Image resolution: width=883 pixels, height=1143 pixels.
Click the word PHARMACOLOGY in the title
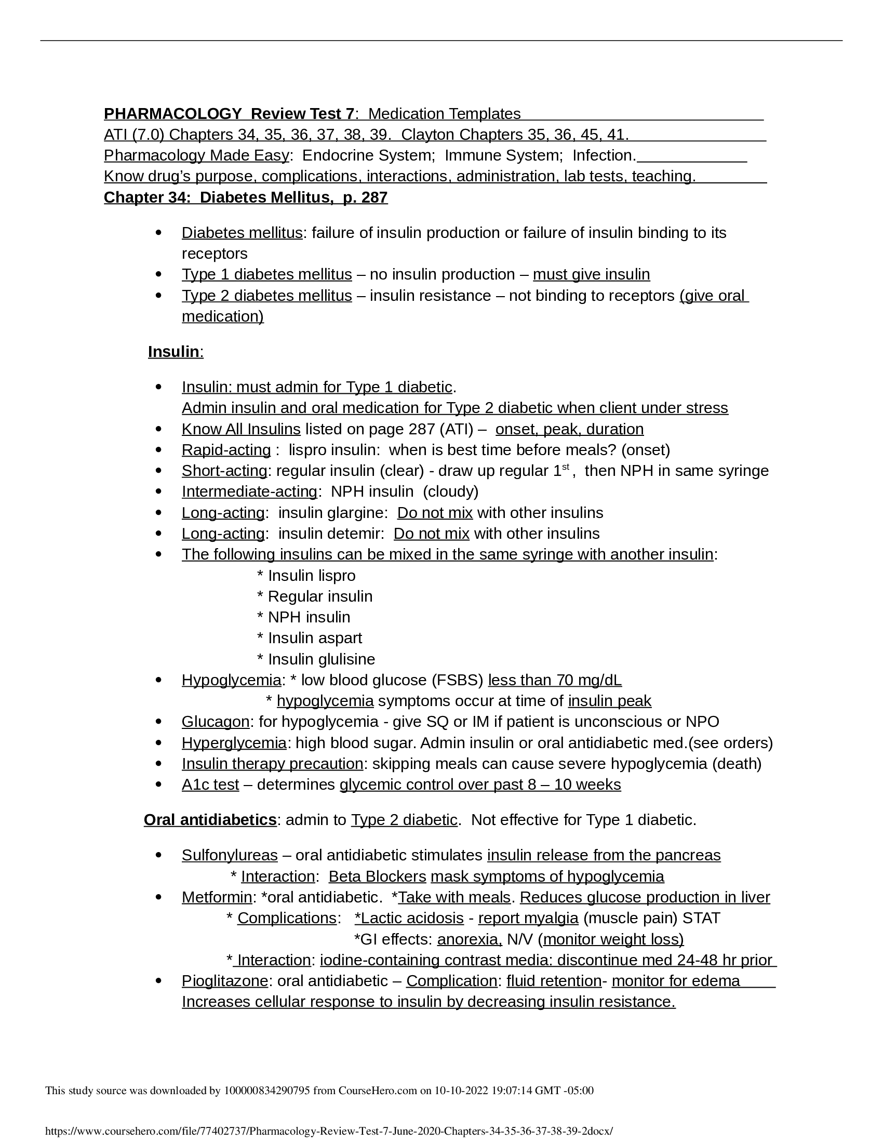[172, 114]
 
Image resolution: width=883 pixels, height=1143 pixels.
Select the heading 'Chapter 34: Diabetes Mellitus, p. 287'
[245, 197]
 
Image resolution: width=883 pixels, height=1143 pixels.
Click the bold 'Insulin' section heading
[173, 352]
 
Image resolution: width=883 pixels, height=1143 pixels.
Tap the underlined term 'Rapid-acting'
[226, 449]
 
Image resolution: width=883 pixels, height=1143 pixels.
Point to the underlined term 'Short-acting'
[224, 471]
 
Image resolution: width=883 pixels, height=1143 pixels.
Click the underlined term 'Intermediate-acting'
[249, 491]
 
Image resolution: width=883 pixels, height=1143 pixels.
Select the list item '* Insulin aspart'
[309, 638]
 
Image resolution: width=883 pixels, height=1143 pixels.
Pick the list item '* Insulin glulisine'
[316, 659]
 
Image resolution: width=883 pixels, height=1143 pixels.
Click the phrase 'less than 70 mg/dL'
[555, 680]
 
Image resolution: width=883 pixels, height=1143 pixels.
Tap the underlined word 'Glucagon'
[216, 722]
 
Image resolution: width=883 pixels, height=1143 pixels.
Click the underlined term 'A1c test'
[210, 785]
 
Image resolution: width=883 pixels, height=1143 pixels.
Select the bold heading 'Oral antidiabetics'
[210, 819]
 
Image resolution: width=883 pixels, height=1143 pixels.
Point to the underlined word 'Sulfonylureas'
[230, 855]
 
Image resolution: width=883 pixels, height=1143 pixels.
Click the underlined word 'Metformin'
[217, 897]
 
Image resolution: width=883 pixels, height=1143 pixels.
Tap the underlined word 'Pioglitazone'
[225, 981]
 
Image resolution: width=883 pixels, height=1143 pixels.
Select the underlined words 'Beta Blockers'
[377, 876]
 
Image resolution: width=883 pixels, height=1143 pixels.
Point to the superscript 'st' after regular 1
[566, 467]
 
